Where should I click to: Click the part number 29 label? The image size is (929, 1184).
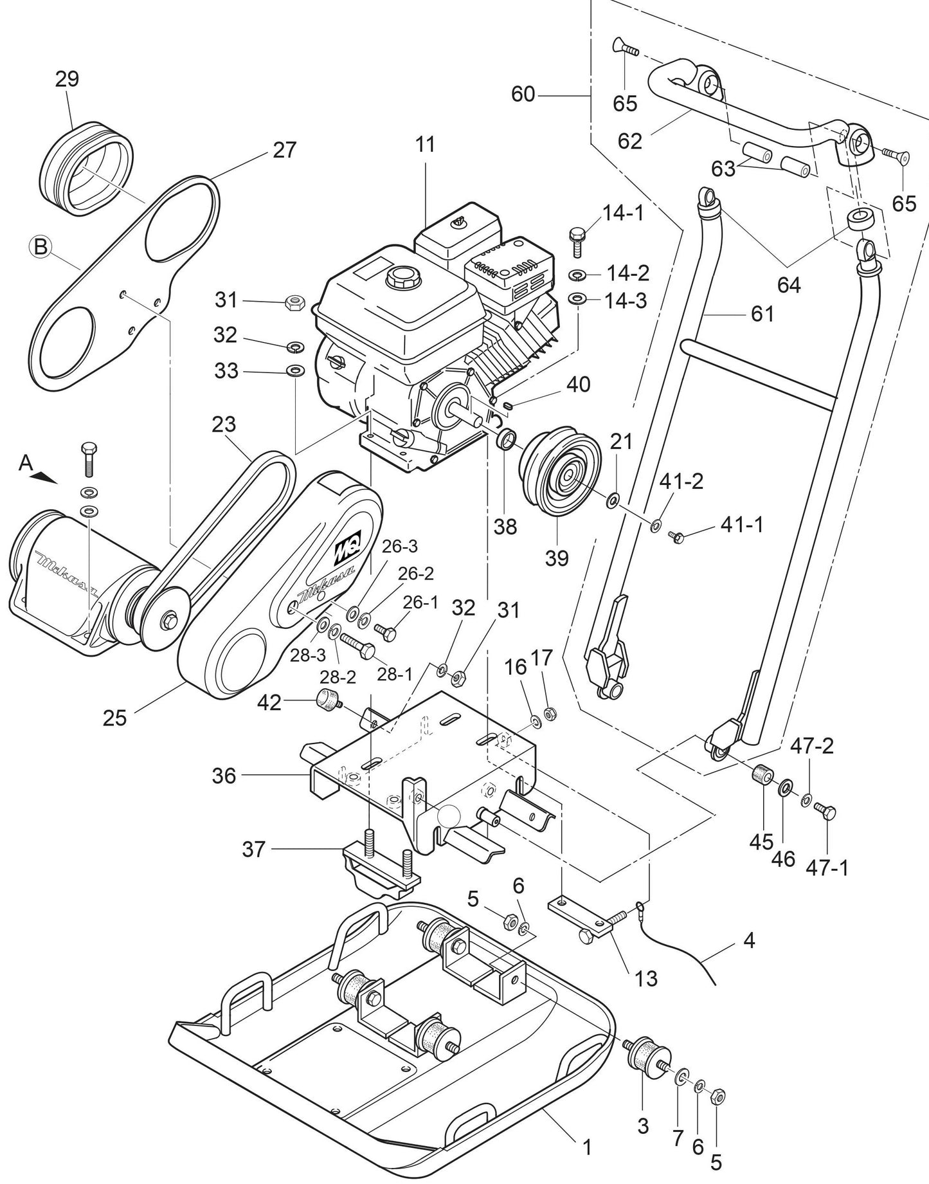(x=67, y=79)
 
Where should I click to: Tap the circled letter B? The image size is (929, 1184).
(x=40, y=247)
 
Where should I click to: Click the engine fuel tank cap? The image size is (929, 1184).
(x=401, y=280)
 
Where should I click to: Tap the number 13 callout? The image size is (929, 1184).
(x=647, y=978)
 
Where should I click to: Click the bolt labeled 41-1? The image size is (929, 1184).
(x=676, y=536)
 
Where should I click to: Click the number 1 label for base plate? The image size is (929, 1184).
(x=586, y=1147)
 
